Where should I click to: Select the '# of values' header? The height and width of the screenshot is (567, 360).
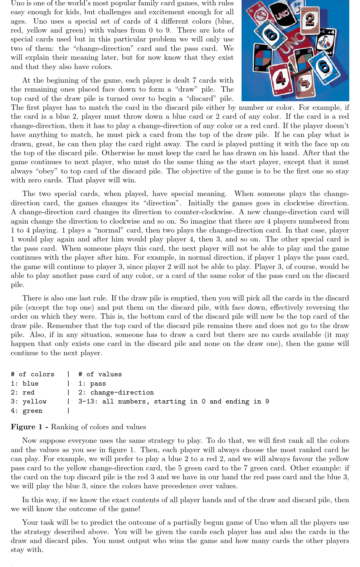point(100,374)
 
